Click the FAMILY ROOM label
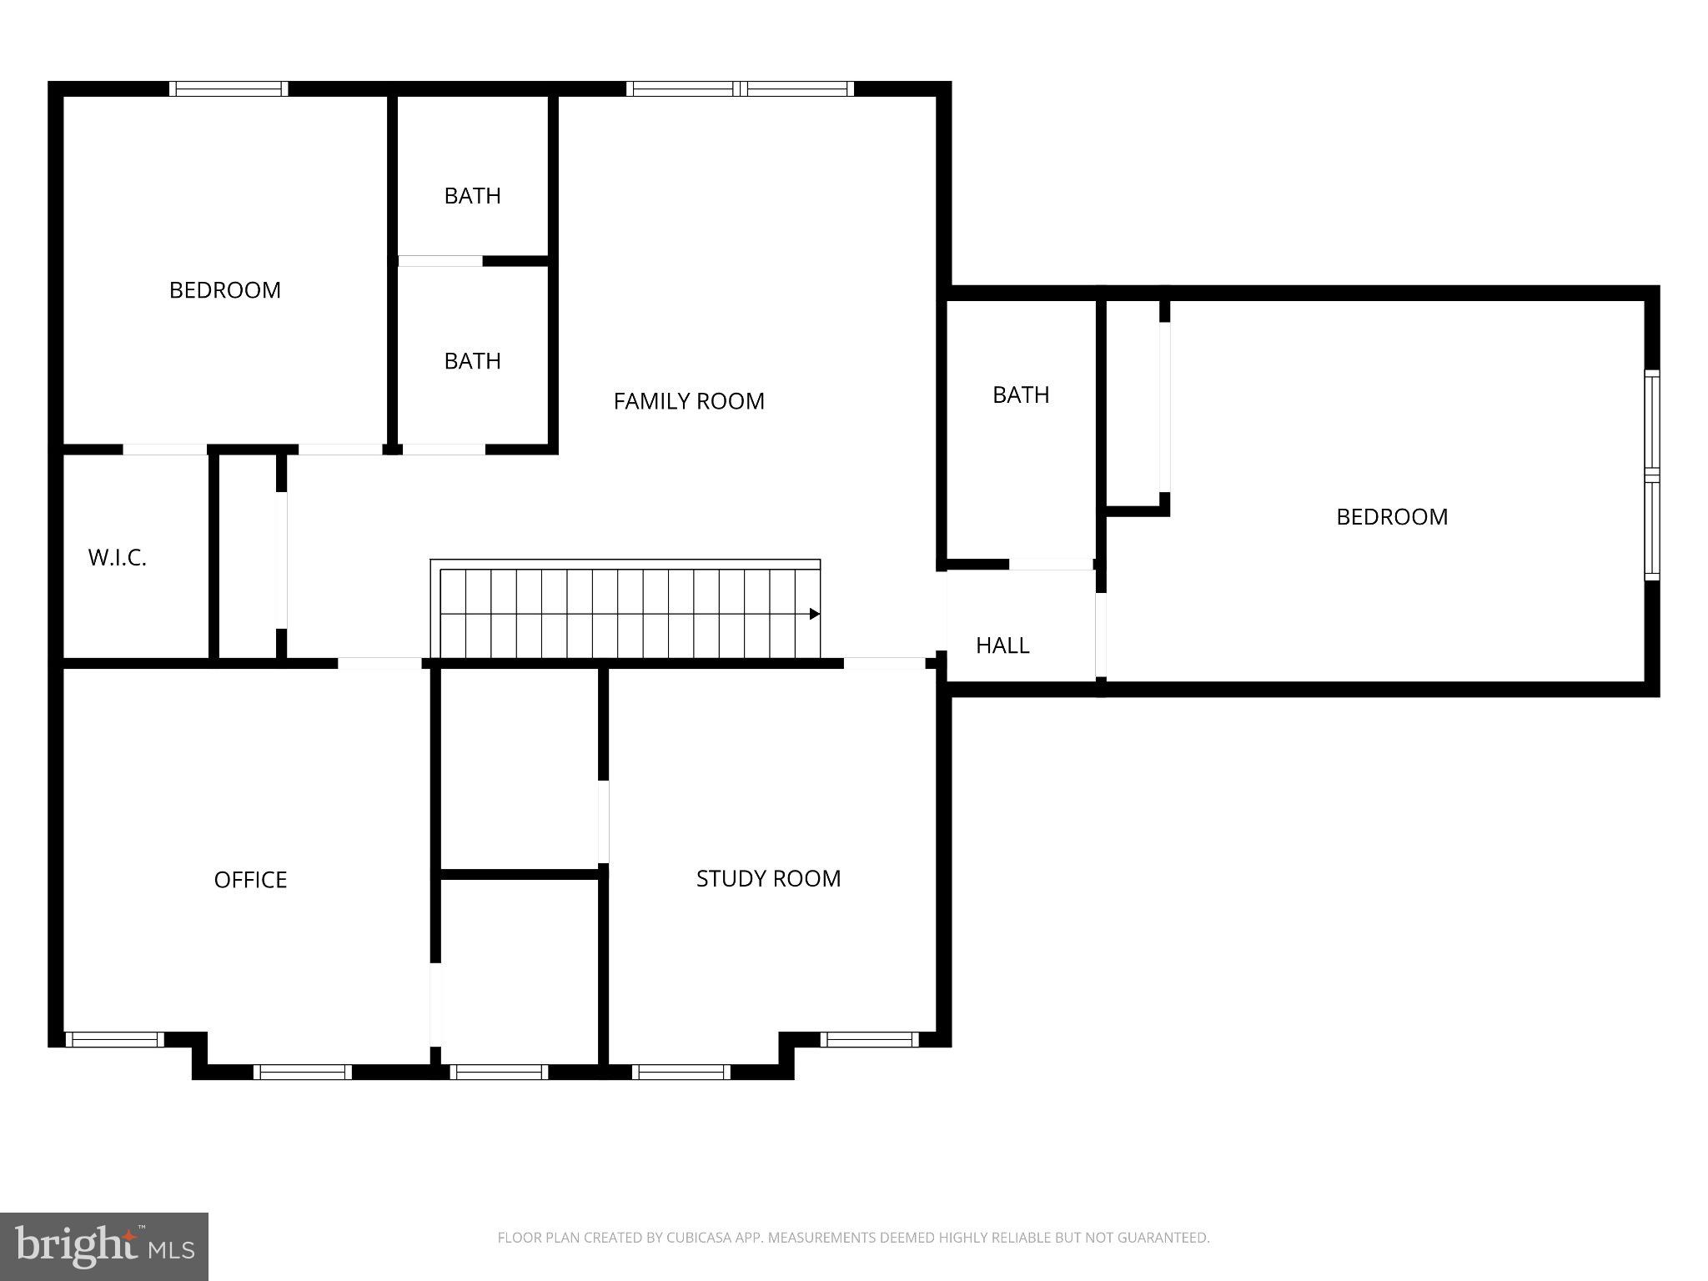click(x=689, y=401)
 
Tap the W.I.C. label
click(x=118, y=558)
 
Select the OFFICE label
click(x=250, y=880)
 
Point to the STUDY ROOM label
click(x=768, y=878)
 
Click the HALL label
click(x=1002, y=646)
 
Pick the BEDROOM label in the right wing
click(x=1392, y=517)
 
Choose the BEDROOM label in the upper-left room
click(x=225, y=290)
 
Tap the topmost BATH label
click(x=472, y=196)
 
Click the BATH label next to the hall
click(x=1021, y=395)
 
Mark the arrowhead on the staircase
click(x=815, y=614)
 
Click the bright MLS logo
click(x=103, y=1246)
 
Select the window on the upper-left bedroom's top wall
click(x=229, y=88)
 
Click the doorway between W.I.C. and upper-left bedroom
click(x=165, y=450)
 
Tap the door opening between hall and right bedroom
click(x=1101, y=634)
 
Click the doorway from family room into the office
click(x=379, y=664)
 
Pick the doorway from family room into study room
click(x=884, y=664)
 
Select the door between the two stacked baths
click(x=440, y=261)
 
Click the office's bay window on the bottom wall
click(x=303, y=1072)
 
